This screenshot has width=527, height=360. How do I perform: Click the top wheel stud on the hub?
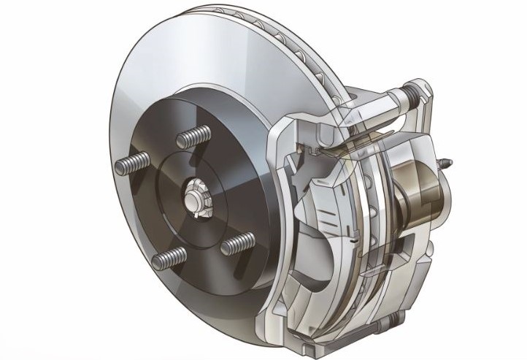coord(196,137)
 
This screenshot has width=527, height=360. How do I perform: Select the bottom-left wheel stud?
coord(170,257)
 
